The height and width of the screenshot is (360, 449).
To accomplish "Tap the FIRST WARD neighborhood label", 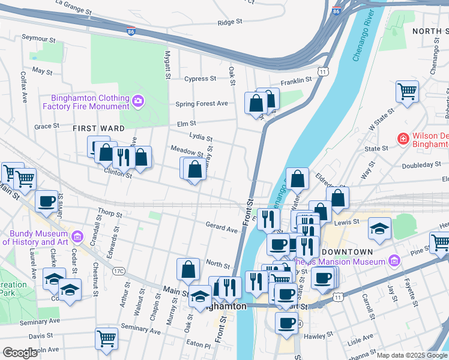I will pos(99,128).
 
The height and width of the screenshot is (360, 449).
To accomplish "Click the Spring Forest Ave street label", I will pos(202,104).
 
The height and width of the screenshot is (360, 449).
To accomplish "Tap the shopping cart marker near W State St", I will pos(407,92).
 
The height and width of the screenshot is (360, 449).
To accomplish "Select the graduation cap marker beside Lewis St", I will pos(379,228).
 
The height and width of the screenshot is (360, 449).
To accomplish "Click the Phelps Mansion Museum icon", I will pos(394,261).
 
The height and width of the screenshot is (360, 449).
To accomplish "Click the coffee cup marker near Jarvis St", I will pos(46,201).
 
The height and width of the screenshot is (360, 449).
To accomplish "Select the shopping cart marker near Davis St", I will pos(106,338).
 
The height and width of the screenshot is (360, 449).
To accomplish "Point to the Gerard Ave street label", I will pos(222,229).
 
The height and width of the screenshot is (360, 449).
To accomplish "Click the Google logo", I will pos(20,353).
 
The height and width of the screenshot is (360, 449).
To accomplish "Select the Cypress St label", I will pos(200,79).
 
